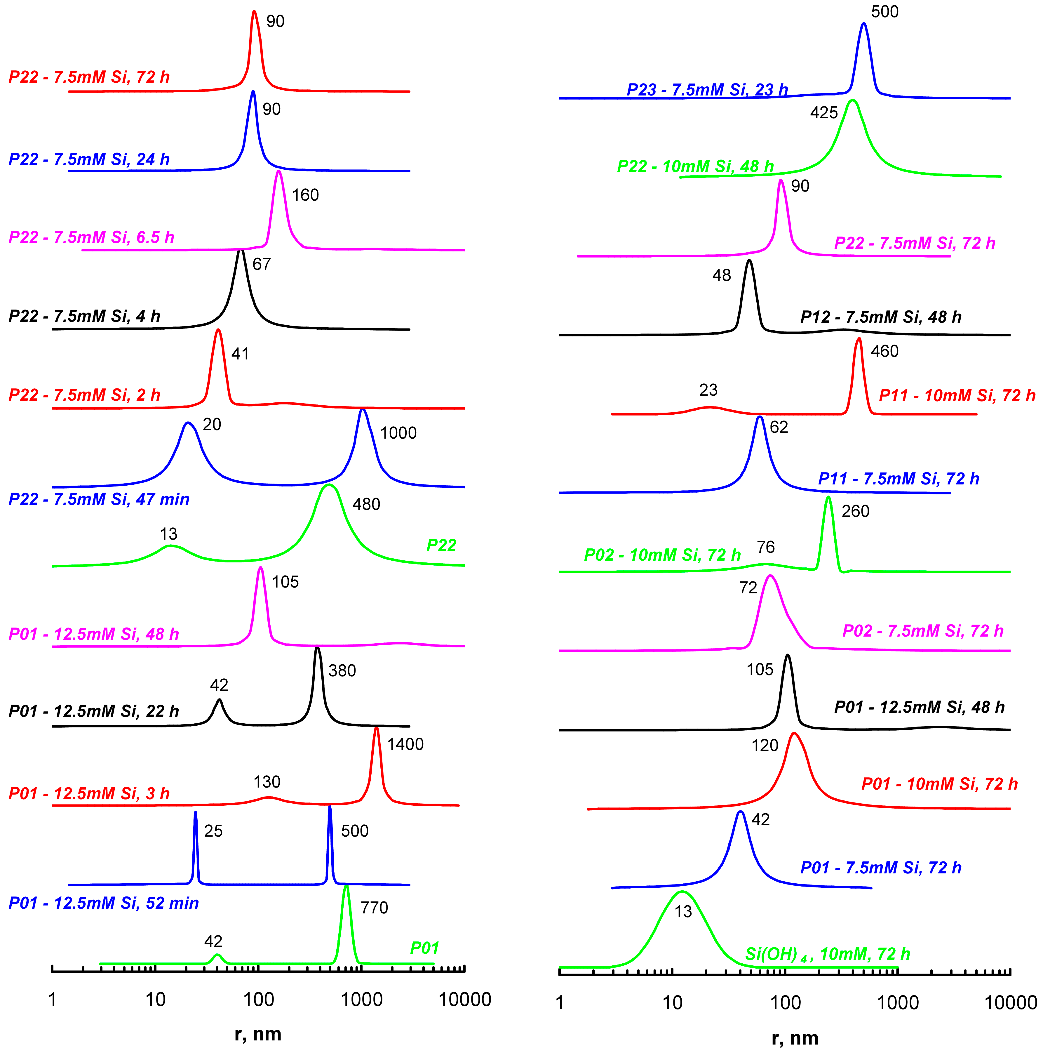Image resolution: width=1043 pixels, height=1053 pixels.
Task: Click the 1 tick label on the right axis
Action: coord(560,1003)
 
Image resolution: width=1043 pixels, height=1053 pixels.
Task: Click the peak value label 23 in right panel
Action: coord(708,390)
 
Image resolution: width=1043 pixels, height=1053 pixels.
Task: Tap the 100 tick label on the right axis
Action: coord(785,1003)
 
